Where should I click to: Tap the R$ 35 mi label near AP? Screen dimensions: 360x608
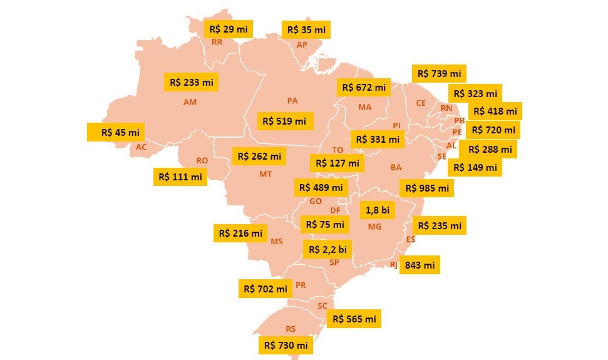coord(306,29)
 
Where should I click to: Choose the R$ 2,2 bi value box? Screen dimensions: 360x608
coord(327,249)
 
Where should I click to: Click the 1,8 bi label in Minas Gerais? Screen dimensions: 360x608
coord(377,210)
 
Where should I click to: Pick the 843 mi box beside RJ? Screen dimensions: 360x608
coord(420,265)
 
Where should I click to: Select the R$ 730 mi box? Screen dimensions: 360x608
coord(286,345)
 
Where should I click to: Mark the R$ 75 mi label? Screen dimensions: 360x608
coord(323,224)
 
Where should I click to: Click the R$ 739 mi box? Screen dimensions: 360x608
coord(439,74)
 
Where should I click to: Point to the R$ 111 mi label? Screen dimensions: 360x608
coord(181,177)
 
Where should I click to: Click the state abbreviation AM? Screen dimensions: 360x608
coord(190,102)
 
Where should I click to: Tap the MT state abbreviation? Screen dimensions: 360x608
coord(265,174)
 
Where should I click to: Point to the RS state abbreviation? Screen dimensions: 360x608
coord(291,329)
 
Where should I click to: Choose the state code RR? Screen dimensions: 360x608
coord(217,43)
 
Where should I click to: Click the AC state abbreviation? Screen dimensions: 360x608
coord(142,147)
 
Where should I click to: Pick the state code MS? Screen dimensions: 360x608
coord(277,241)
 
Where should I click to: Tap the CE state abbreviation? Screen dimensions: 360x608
coord(420,103)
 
